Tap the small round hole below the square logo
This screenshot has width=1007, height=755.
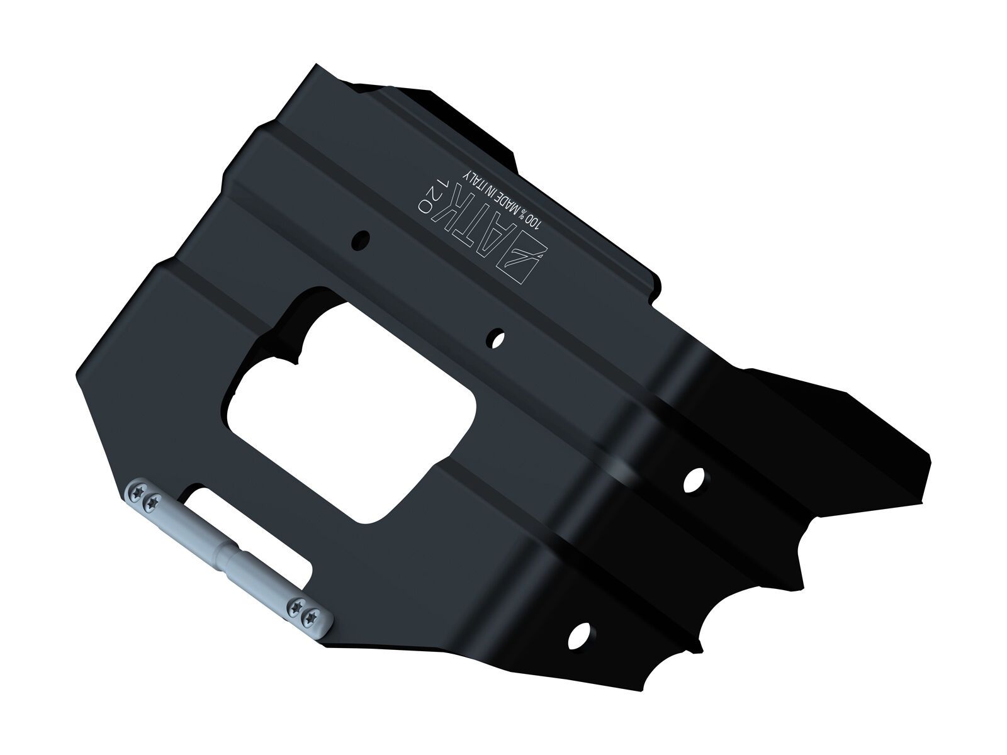(498, 338)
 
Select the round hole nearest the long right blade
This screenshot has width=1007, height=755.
(694, 479)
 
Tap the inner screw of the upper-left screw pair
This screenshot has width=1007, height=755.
(152, 502)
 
